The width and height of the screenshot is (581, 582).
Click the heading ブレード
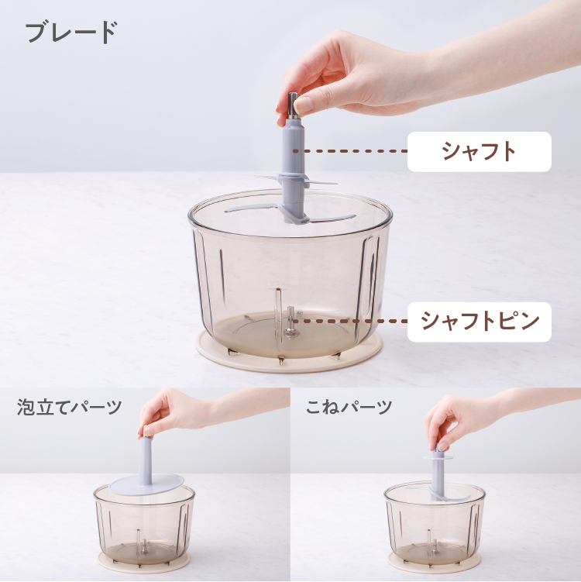(71, 32)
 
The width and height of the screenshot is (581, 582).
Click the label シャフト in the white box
(479, 151)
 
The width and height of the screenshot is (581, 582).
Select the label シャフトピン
(480, 322)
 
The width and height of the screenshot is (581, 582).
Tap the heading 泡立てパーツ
(70, 407)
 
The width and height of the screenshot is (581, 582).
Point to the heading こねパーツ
(349, 407)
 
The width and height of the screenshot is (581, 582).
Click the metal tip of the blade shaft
(293, 105)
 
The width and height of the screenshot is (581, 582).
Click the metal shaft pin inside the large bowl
(290, 322)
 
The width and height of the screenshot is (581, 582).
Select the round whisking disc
(147, 484)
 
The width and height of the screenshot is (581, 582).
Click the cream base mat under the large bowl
(289, 352)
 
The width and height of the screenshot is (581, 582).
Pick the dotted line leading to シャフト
(350, 151)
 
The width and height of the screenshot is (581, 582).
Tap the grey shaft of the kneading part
(438, 471)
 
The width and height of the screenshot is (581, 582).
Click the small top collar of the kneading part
(438, 457)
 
